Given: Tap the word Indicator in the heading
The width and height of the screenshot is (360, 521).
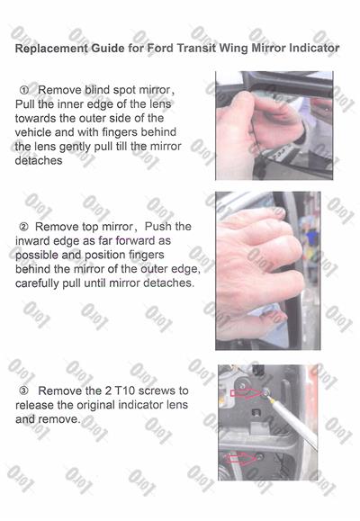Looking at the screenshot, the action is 314,49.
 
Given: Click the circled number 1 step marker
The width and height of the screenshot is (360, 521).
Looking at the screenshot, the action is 24,90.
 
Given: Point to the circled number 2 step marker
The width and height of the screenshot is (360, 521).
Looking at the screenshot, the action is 24,227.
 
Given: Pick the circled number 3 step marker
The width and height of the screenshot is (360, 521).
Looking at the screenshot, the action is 24,391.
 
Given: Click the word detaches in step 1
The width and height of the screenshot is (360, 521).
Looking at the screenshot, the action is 39,160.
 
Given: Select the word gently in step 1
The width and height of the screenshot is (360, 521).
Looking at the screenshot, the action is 75,147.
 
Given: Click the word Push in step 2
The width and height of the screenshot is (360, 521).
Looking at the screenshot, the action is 158,227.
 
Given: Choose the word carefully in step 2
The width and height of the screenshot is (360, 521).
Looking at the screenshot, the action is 37,283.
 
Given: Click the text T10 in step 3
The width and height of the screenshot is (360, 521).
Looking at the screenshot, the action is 125,391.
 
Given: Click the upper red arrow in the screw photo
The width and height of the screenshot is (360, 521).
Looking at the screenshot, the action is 247,393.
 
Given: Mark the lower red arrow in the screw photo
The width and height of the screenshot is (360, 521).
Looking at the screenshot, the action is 242,458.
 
